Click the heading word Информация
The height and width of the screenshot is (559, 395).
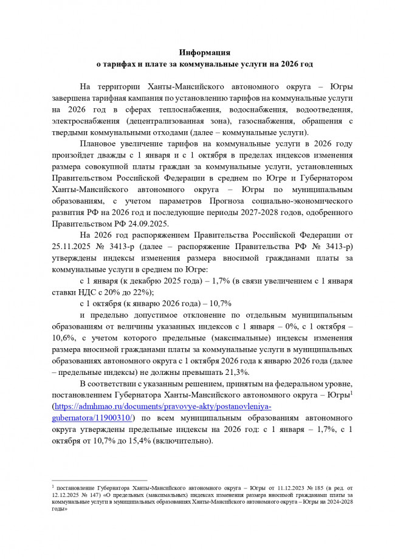[x=198, y=52]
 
